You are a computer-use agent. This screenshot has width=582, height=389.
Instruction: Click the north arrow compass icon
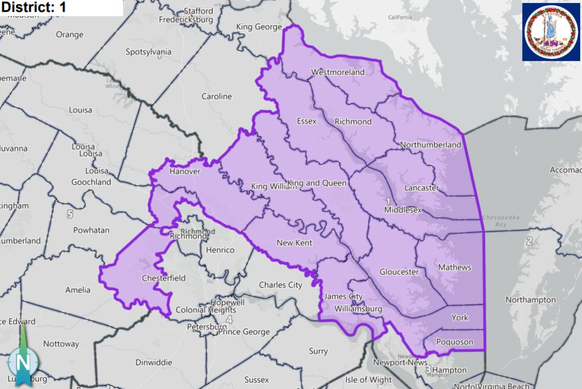coord(23,359)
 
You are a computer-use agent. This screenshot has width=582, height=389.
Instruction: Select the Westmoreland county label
coord(338,73)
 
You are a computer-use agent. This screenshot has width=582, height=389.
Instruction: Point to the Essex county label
coord(306,121)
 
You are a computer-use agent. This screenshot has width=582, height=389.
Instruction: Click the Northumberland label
coord(431,145)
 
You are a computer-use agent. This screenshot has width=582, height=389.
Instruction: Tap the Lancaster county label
coord(421,188)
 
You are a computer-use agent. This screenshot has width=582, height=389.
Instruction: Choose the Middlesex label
coord(403,210)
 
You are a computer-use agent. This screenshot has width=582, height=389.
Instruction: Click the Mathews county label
coord(454,268)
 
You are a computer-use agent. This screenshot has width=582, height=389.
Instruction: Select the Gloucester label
coord(399,272)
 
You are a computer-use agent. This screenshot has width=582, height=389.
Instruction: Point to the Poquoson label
coord(454,341)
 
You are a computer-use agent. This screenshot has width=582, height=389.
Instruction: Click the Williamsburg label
coord(358,309)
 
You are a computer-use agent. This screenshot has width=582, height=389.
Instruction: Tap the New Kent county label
coord(294,243)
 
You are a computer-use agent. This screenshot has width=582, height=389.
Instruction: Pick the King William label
coord(273,187)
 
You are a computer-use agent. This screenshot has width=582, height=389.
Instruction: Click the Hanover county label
coord(185,171)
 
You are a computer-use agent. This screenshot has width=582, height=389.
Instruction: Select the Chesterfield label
coord(163,278)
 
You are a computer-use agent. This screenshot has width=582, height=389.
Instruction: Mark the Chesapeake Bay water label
coord(501,221)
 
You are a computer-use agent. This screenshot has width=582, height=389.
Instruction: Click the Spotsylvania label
coord(148,52)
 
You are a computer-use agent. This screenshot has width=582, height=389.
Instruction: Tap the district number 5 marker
coord(70,214)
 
